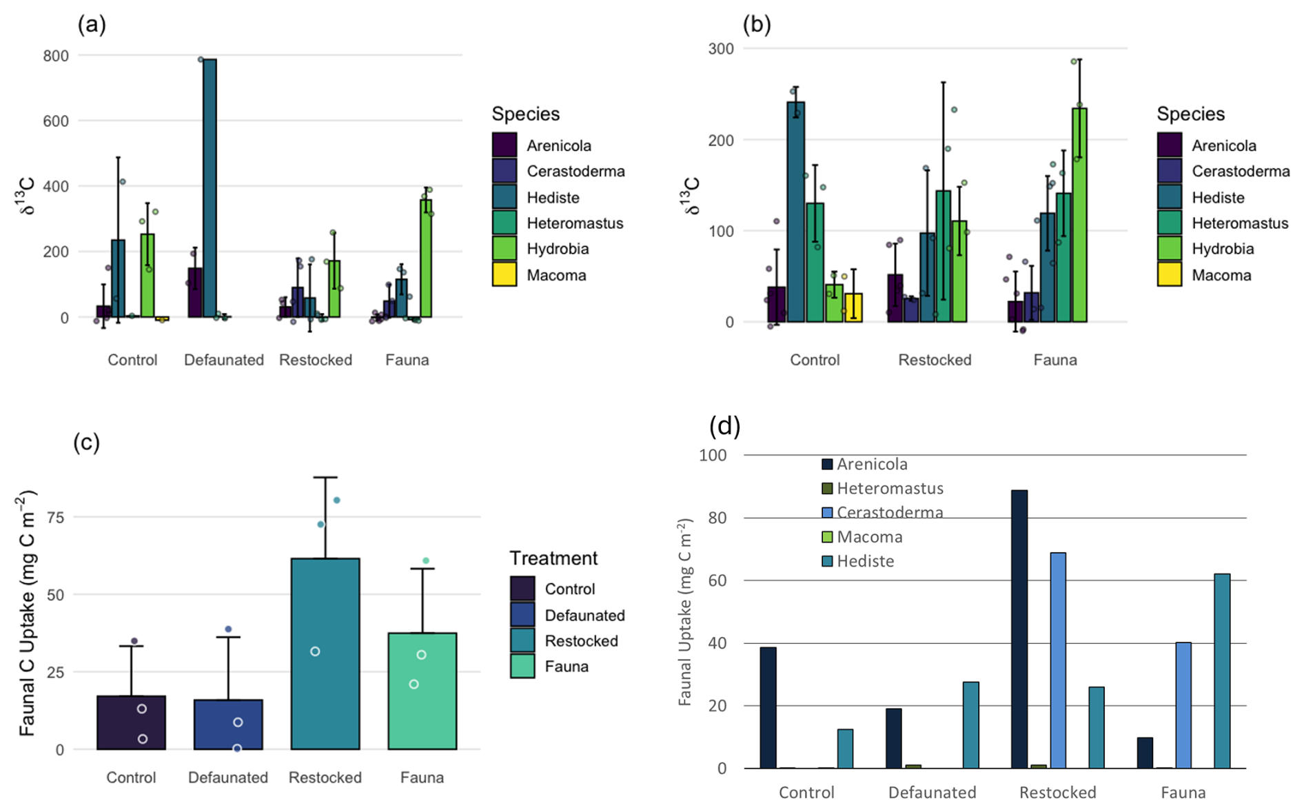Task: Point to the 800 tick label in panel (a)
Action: (x=56, y=56)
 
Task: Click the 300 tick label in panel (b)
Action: (x=721, y=49)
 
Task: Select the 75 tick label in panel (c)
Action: (x=55, y=518)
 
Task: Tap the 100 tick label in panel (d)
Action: (x=713, y=455)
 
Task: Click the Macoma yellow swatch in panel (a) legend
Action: (x=505, y=274)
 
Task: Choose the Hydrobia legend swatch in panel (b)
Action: (x=1170, y=248)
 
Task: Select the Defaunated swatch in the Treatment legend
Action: (x=522, y=615)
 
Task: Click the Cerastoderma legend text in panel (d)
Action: (x=890, y=512)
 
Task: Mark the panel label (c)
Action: (x=87, y=442)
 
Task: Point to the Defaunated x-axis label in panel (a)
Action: (x=224, y=360)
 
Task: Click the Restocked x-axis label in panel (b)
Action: (x=935, y=360)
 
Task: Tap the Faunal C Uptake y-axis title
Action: (x=27, y=613)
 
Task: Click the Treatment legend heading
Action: (x=553, y=558)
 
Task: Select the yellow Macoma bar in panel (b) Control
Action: (x=853, y=307)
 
